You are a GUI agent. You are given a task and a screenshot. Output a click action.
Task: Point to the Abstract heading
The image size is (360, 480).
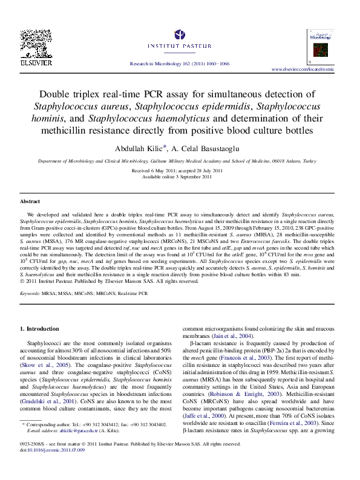click(30, 201)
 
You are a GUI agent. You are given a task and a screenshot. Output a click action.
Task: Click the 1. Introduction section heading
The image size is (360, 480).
click(40, 328)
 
